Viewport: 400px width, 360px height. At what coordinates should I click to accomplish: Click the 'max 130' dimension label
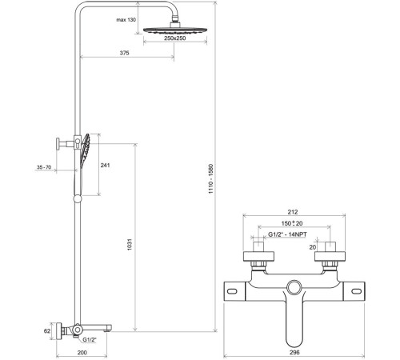pos(126,20)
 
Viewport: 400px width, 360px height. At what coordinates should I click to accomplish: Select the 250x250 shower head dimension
pos(175,38)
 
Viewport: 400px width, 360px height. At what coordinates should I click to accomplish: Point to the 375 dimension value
pos(124,53)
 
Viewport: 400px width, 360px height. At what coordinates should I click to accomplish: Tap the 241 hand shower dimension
pos(105,166)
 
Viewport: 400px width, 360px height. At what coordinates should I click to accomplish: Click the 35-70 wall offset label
pos(44,167)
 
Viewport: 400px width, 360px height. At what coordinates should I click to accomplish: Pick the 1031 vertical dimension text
pos(130,245)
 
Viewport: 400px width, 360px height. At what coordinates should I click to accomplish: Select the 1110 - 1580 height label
pos(210,178)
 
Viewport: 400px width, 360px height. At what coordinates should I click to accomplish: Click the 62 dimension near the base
pos(47,331)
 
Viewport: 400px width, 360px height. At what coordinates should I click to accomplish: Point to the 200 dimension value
pos(82,353)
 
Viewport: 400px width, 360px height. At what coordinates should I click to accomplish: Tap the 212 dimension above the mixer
pos(293,212)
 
